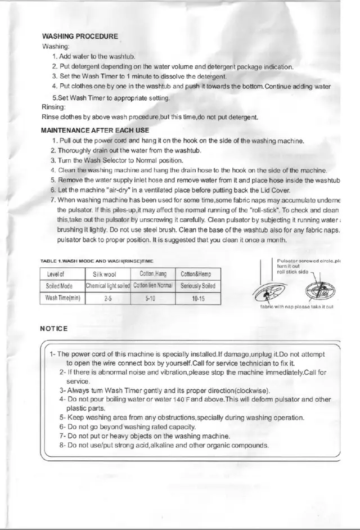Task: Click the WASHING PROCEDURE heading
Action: [80, 37]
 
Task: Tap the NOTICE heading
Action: [55, 328]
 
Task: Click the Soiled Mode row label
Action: [61, 286]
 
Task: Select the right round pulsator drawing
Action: [319, 290]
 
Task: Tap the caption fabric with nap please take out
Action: [297, 307]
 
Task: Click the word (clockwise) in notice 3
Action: [251, 390]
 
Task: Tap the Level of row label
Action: [61, 274]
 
